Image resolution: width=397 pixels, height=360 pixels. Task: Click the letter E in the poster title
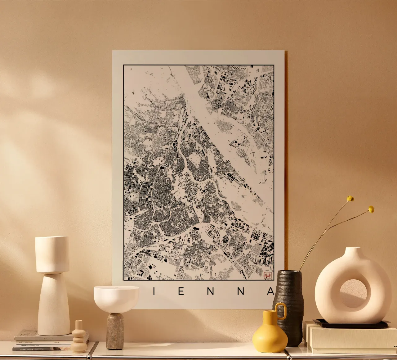[181, 291]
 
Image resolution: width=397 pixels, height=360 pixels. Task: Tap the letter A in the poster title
[271, 291]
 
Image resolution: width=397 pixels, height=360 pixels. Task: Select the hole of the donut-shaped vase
[353, 293]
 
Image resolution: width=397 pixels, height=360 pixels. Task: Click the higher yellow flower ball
[350, 199]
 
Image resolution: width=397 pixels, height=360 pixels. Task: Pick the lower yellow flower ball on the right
[371, 209]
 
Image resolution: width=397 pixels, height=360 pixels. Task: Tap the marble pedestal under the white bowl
[115, 331]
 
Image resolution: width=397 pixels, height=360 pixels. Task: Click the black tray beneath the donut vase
[350, 324]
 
